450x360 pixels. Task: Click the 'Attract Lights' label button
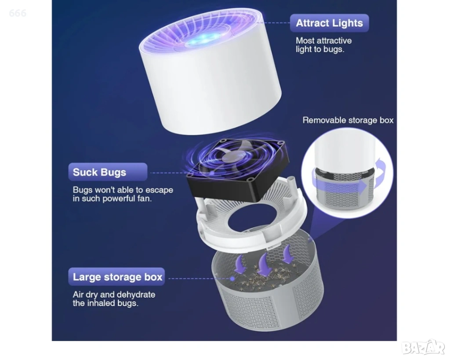point(329,23)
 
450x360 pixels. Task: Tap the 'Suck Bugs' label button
point(108,172)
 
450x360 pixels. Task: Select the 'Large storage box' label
point(116,277)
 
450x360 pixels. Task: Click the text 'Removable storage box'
point(348,120)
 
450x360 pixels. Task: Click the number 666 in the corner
point(18,13)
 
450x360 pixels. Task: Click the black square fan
point(238,169)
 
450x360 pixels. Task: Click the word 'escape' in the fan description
point(159,190)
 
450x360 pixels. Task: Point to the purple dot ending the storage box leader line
point(232,279)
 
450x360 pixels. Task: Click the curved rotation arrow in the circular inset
point(383,173)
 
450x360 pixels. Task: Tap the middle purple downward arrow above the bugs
point(263,265)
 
